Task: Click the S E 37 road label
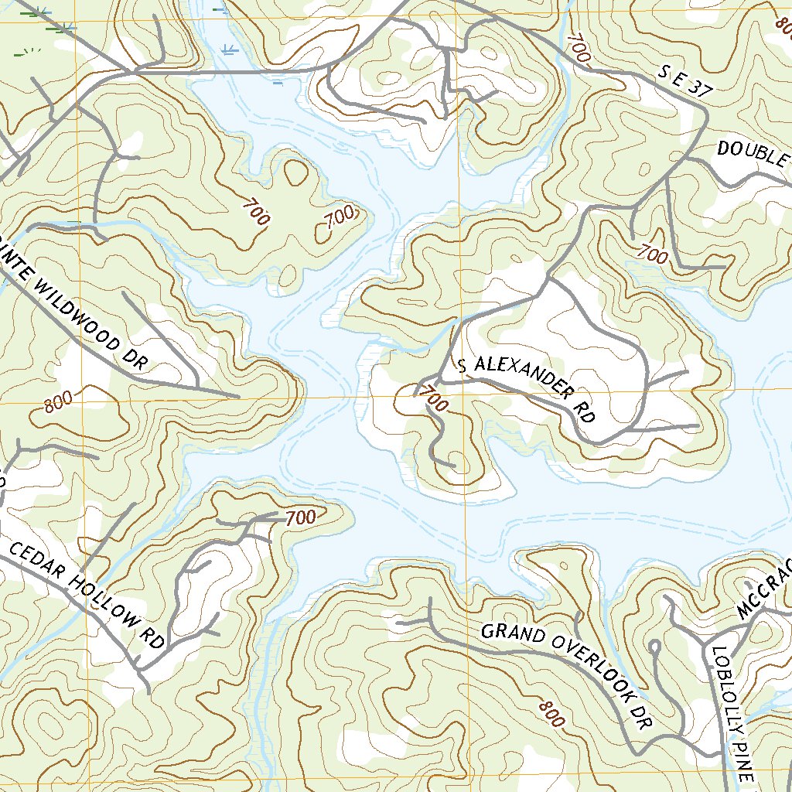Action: [x=684, y=81]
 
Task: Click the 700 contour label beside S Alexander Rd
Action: [x=434, y=400]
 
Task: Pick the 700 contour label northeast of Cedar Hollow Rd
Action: [x=300, y=518]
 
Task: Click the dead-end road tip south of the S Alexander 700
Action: [x=453, y=466]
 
